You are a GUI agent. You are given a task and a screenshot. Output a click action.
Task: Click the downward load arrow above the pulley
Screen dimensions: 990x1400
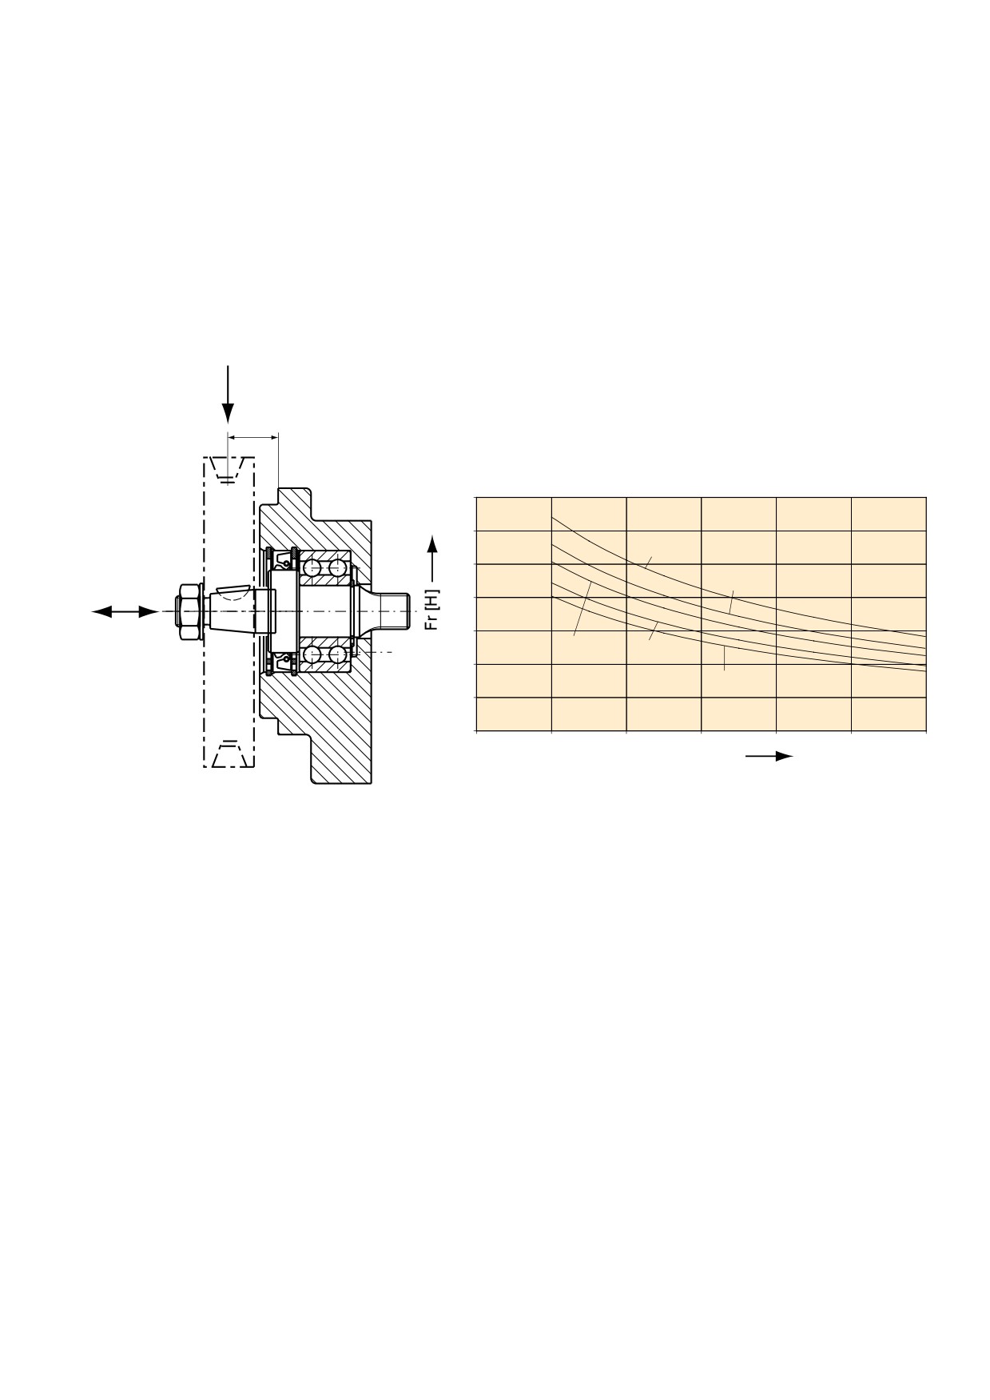click(228, 393)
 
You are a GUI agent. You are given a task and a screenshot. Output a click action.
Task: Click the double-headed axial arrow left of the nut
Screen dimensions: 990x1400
click(125, 611)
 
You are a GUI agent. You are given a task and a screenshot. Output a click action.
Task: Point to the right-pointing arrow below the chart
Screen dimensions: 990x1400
click(769, 756)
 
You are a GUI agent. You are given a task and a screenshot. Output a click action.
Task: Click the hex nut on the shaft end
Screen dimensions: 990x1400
click(186, 611)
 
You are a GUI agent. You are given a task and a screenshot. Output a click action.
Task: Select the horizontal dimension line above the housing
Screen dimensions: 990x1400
click(253, 436)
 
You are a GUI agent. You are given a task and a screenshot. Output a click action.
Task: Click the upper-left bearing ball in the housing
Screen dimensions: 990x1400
click(312, 568)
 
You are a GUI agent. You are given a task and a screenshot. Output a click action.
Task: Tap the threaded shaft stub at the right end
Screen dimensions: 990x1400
click(393, 611)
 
